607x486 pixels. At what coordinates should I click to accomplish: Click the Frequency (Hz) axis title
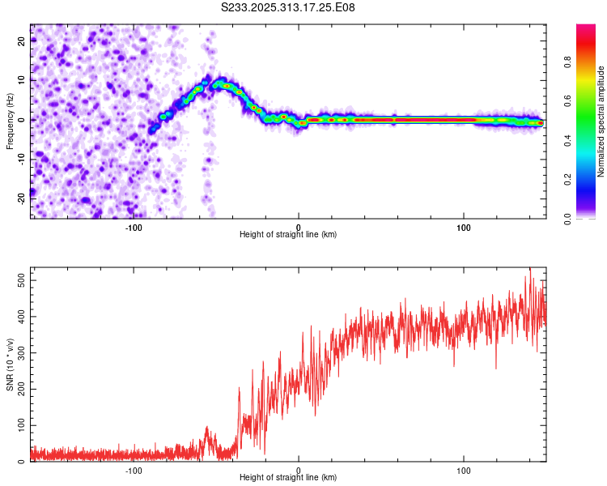point(10,121)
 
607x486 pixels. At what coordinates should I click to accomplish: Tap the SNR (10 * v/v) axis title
point(10,364)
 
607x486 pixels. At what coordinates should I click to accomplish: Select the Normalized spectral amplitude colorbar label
point(601,122)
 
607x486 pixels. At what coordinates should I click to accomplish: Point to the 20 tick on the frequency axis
point(22,42)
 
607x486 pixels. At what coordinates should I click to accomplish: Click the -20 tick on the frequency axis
point(22,197)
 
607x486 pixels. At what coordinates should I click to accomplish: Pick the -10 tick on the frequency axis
point(22,159)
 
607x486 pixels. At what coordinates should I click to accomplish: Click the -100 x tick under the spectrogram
point(134,228)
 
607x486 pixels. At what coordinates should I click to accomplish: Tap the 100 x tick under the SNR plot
point(464,471)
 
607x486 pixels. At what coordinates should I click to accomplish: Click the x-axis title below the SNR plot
point(288,480)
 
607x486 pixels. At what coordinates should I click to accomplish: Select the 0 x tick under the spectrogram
point(299,228)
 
